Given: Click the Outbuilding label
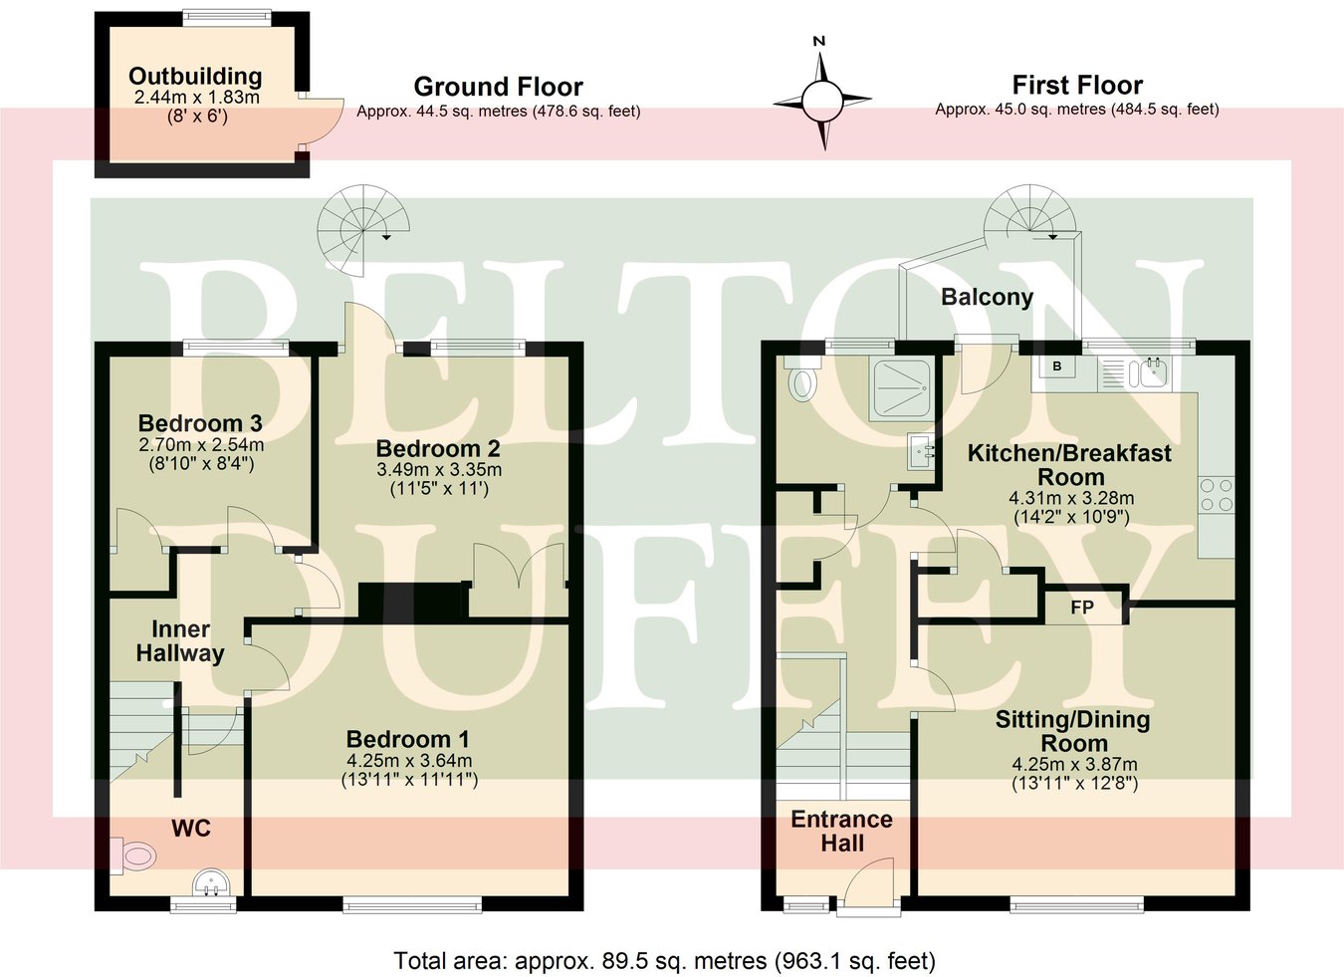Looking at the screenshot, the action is point(195,77).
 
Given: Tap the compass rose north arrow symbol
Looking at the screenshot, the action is point(822,96).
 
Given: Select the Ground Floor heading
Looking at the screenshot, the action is point(498,87).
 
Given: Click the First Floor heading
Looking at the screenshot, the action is point(1077,86).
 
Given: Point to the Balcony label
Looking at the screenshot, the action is point(987,297).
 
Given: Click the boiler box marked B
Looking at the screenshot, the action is point(1057,366).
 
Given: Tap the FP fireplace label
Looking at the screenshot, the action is point(1082,608).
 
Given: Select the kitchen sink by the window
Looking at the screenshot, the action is point(1133,373).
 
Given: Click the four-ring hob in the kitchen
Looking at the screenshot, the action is point(1217,495).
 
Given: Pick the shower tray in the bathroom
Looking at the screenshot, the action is point(902,388).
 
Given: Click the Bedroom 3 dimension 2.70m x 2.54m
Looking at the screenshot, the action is point(201,445).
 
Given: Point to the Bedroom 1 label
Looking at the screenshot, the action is point(407,739).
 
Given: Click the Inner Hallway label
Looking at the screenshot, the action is point(180,641).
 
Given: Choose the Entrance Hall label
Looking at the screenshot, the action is point(842,832).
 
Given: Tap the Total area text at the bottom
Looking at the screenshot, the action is point(664,961).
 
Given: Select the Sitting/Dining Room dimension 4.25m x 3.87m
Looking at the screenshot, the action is point(1074,765).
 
